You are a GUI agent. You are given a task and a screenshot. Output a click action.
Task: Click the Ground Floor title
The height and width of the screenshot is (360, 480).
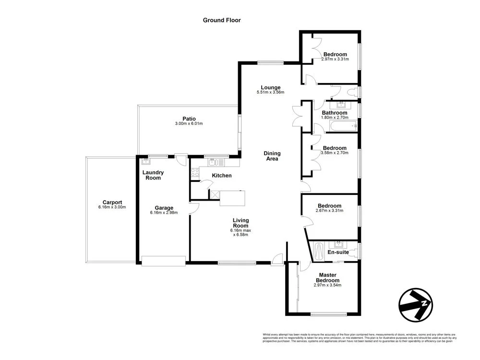(x=221, y=20)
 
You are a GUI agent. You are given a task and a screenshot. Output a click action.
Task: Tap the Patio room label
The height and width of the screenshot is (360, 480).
(x=189, y=119)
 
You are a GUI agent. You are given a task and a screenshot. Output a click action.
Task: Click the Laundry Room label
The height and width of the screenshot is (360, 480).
(x=153, y=175)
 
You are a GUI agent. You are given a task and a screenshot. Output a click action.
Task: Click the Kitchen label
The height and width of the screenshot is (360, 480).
(x=222, y=176)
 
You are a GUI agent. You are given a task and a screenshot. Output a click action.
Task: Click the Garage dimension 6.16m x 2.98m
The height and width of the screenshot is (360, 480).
(x=164, y=213)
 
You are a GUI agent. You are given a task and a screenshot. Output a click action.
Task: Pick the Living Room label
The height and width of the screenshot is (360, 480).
(x=240, y=223)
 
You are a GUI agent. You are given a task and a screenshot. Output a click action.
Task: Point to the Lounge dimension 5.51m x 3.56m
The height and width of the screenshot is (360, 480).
(x=271, y=92)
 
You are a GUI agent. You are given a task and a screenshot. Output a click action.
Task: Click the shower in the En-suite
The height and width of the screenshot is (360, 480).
(x=319, y=251)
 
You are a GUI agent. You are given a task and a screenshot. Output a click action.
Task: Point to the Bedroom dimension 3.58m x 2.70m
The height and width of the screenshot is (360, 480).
(x=334, y=153)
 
